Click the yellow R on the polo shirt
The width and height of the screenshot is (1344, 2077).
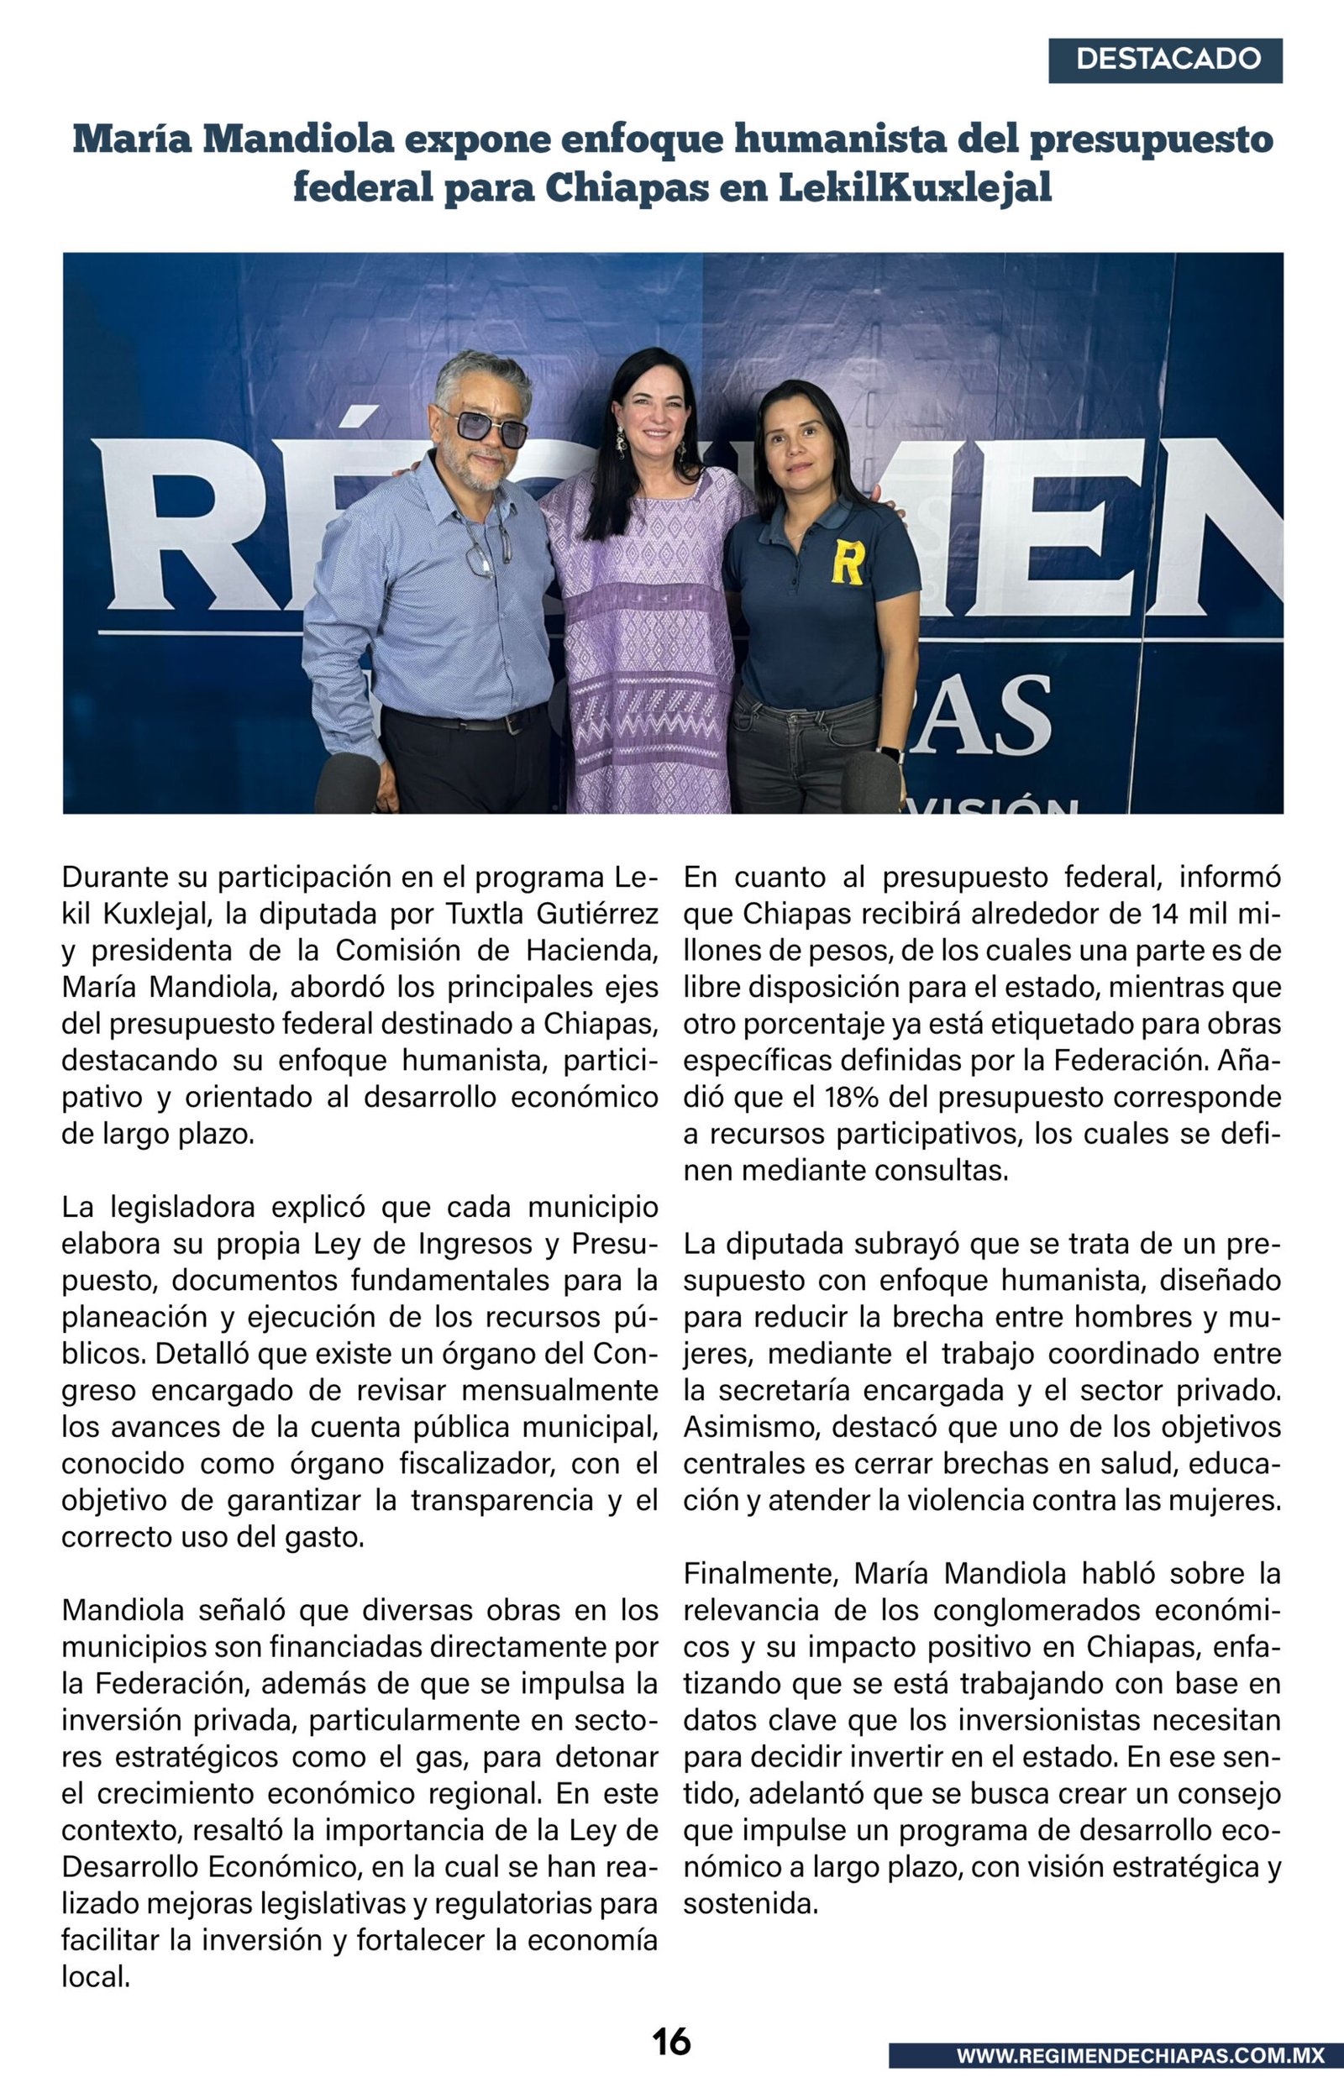point(847,562)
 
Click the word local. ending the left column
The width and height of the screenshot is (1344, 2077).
point(96,1977)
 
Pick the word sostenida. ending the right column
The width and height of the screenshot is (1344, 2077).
point(751,1904)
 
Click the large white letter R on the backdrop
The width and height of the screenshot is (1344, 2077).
point(175,527)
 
